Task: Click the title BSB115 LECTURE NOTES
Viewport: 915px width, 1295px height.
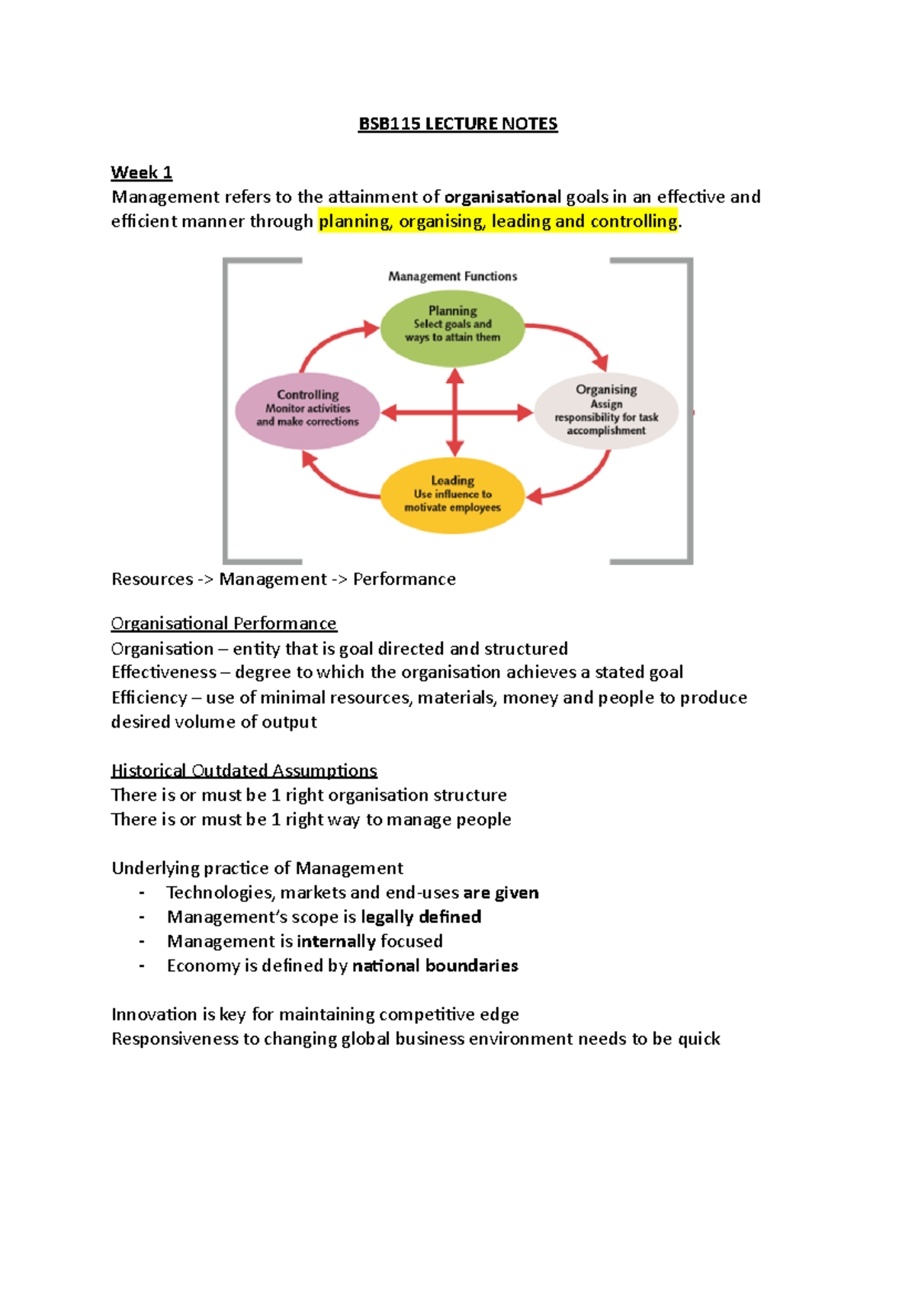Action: click(x=457, y=124)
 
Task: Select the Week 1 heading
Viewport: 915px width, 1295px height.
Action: click(x=141, y=172)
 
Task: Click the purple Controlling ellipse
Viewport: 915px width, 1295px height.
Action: click(x=307, y=411)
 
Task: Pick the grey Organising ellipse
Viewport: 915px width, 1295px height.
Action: click(x=606, y=410)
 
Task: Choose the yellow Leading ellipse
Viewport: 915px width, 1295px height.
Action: click(x=452, y=496)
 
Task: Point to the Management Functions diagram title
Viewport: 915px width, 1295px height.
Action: click(x=452, y=276)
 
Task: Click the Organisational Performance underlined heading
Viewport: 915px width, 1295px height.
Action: click(x=223, y=624)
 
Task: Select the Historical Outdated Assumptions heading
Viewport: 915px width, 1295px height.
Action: click(x=244, y=770)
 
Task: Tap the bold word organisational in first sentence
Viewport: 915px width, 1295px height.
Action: click(x=502, y=198)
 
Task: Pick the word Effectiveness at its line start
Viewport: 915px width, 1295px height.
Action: click(x=164, y=673)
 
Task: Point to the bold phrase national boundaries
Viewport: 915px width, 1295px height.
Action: click(x=435, y=966)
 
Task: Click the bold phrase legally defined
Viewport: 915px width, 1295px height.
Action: click(x=421, y=917)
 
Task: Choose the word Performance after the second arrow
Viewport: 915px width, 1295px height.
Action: click(x=404, y=580)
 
